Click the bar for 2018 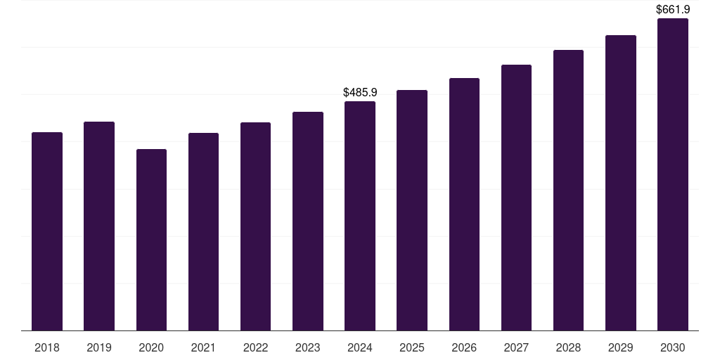tap(47, 231)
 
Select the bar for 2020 tap(152, 240)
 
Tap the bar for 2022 tap(255, 226)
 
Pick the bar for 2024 tap(360, 216)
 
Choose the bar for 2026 tap(464, 205)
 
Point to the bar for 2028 tap(568, 190)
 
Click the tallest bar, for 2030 tap(673, 174)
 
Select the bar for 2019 tap(99, 226)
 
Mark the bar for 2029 tap(621, 183)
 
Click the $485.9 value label tap(360, 92)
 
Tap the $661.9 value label tap(673, 9)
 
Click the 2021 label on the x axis tap(203, 347)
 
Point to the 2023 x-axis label tap(308, 347)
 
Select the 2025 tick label tap(412, 347)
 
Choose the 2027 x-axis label tap(516, 347)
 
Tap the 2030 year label tap(673, 347)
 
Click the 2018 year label tap(47, 347)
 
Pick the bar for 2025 tap(412, 210)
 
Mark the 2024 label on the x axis tap(360, 347)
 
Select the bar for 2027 tap(516, 198)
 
